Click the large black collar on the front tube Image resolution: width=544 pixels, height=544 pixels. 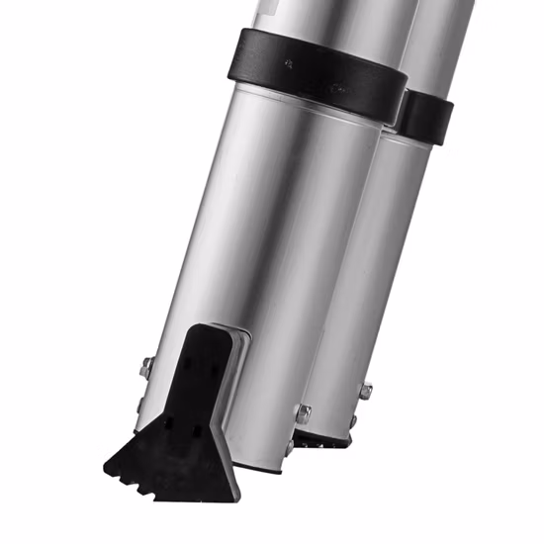(x=317, y=74)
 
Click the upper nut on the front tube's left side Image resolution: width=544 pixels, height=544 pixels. (x=146, y=368)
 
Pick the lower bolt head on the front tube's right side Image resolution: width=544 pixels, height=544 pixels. (x=291, y=446)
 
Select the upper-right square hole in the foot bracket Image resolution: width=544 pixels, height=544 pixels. (x=213, y=368)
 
